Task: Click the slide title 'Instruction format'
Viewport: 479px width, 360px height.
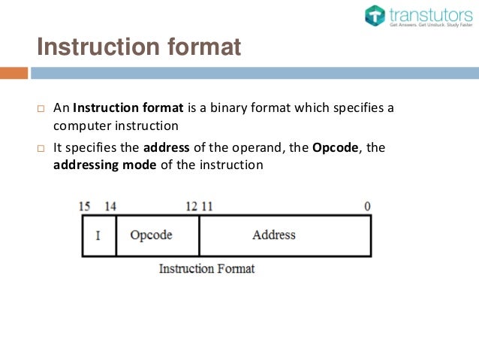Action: point(139,47)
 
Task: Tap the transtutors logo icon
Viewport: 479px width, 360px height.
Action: point(375,16)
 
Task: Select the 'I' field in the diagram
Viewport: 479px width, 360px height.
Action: point(98,236)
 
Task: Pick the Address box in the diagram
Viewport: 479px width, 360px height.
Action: point(285,235)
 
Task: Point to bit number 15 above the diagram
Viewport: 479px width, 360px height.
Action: point(85,206)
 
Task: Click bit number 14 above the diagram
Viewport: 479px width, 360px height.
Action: point(110,206)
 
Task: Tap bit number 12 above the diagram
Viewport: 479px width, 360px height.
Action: point(191,206)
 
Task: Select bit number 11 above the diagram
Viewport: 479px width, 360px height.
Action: point(206,206)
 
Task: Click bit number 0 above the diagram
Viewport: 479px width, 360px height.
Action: point(367,206)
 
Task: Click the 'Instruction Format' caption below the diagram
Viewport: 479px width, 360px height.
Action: point(206,268)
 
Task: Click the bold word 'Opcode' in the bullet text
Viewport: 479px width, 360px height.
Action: point(335,148)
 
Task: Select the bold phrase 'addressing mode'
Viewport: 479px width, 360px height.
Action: point(104,165)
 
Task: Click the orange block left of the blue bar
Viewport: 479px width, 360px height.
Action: point(14,74)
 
